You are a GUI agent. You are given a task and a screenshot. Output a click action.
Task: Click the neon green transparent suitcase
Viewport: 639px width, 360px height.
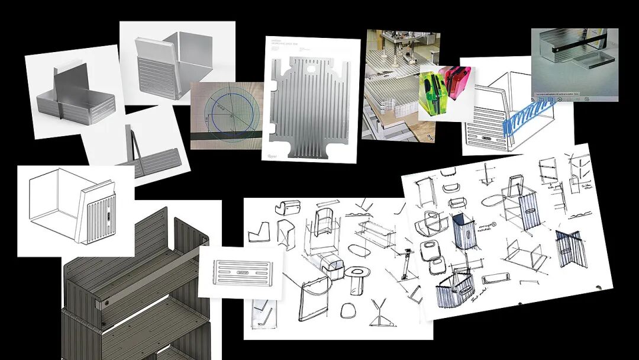tap(434, 93)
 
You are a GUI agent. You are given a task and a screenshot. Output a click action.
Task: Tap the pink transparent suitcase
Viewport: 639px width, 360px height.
tap(458, 83)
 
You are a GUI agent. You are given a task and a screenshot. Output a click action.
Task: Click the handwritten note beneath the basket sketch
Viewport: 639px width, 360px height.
tap(474, 308)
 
